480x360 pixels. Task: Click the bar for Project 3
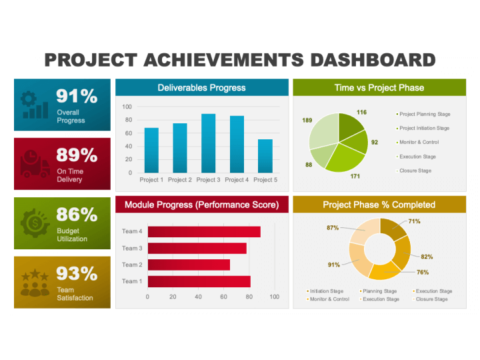point(208,143)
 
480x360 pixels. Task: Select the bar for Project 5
point(265,156)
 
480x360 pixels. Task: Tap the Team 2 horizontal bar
point(189,265)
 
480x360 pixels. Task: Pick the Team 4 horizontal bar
point(204,232)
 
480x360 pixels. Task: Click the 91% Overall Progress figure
point(77,96)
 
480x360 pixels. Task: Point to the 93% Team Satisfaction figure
point(77,273)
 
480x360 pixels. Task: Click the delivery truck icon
point(35,164)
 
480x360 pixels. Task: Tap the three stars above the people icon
point(35,275)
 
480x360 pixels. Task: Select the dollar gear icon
point(35,223)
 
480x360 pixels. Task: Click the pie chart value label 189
point(307,120)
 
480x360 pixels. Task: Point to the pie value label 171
point(355,176)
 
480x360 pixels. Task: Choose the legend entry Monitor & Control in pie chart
point(417,143)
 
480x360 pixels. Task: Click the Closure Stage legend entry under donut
point(430,299)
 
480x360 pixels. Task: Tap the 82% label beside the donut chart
point(427,257)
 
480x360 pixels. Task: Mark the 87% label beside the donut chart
point(333,228)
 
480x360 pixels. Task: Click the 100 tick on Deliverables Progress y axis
point(127,107)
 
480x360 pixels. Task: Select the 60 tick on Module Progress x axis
point(224,297)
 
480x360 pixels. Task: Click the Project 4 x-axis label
point(237,180)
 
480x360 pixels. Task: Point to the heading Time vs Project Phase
point(379,88)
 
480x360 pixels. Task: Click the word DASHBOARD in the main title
point(373,60)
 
